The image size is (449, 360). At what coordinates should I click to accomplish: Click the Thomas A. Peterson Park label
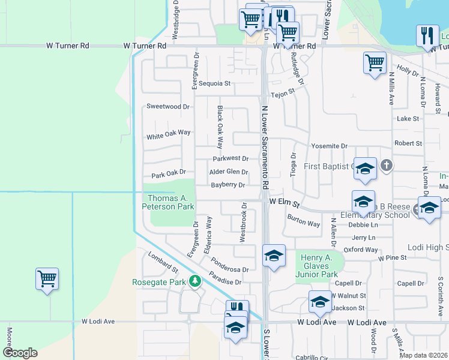click(x=168, y=202)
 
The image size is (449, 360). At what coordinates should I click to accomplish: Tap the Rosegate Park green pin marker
click(x=194, y=281)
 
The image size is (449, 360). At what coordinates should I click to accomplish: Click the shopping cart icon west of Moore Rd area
click(x=47, y=278)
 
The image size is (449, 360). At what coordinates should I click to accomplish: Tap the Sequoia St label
click(x=215, y=83)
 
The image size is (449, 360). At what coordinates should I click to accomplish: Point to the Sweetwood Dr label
click(x=168, y=106)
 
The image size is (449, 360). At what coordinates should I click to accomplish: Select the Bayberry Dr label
click(x=228, y=185)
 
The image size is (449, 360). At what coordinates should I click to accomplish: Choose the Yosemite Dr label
click(x=329, y=146)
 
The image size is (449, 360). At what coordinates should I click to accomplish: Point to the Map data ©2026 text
click(x=424, y=355)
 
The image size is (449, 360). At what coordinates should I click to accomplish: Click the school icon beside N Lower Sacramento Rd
click(x=273, y=256)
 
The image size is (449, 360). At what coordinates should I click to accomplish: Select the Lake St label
click(x=408, y=119)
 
